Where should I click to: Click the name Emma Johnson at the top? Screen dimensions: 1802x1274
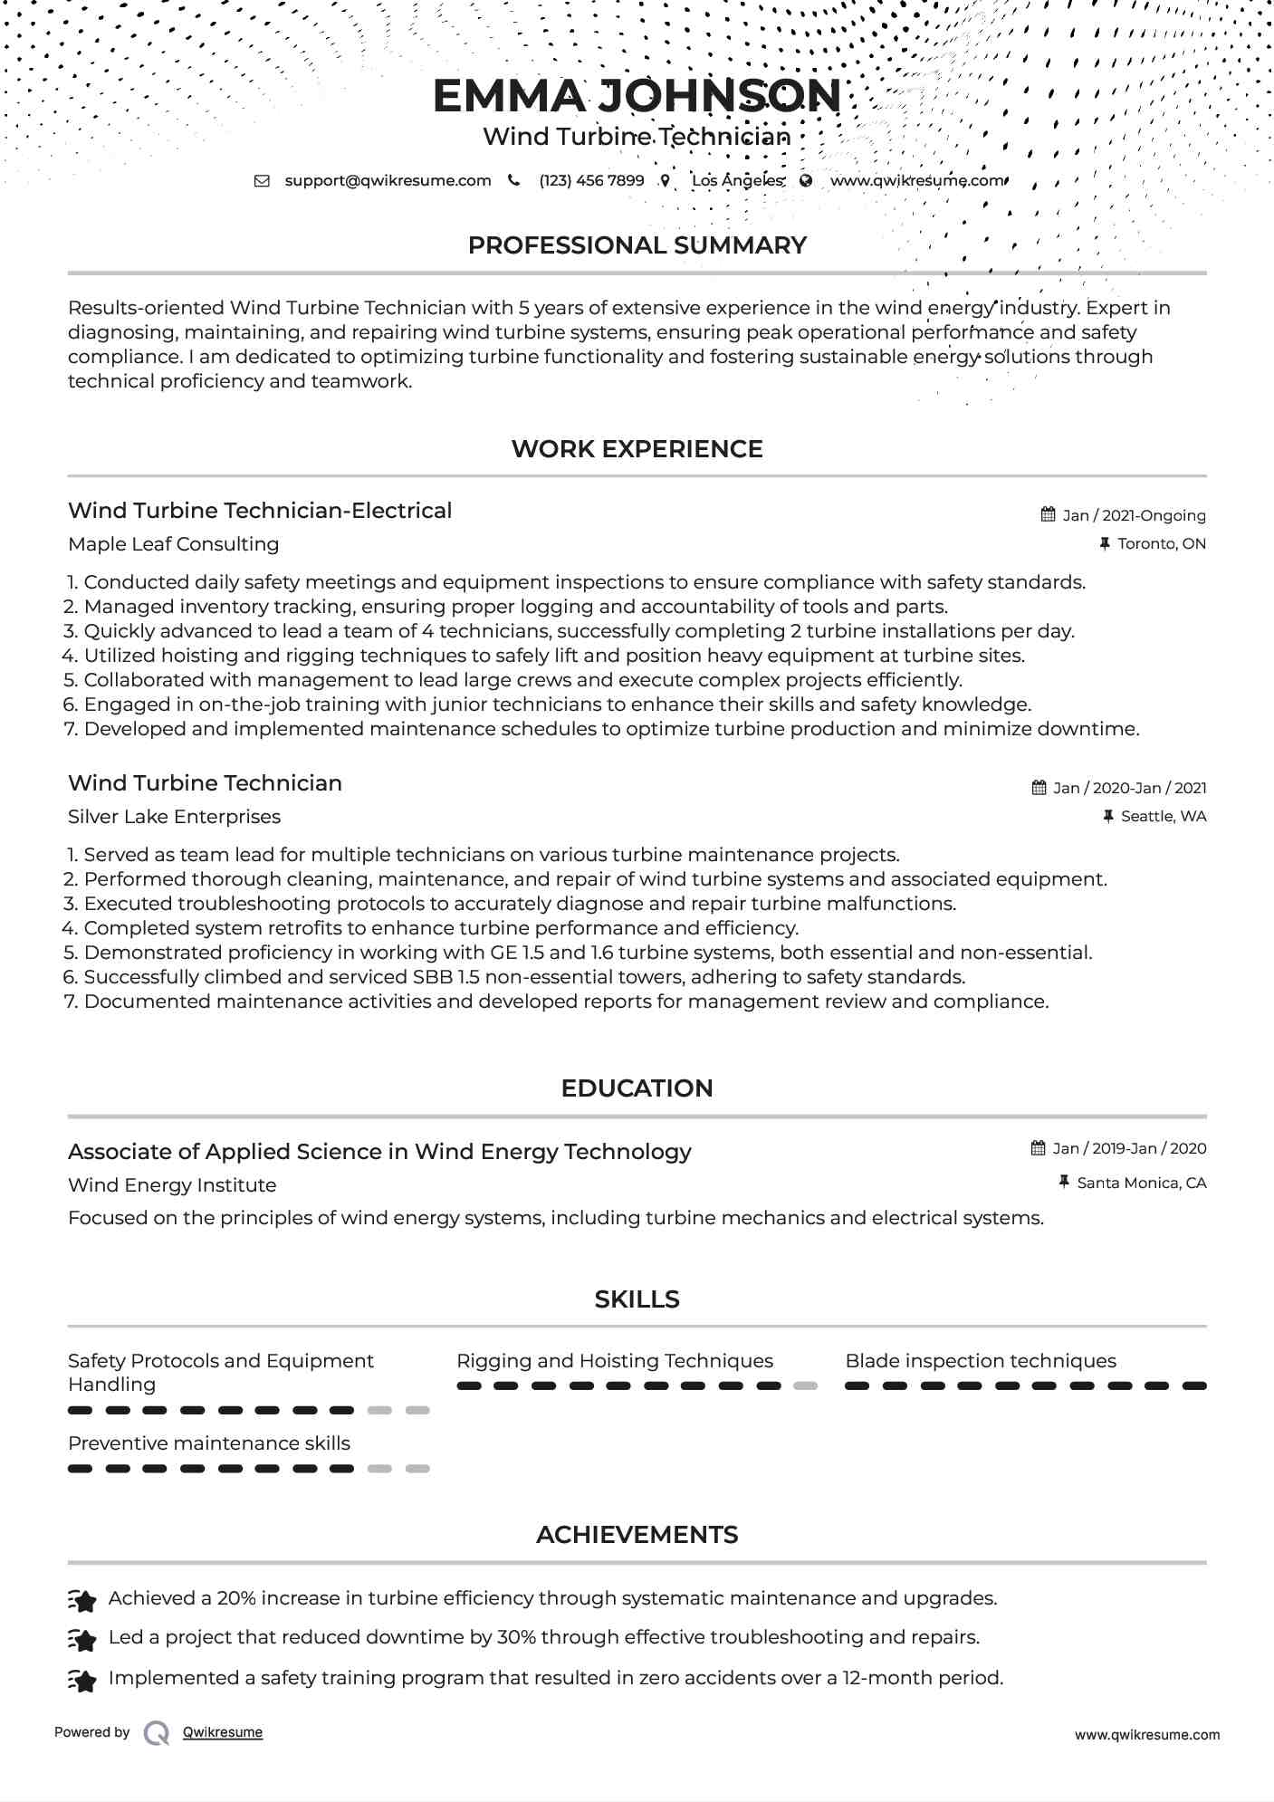pyautogui.click(x=637, y=96)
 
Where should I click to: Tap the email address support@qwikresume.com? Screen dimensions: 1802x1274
pyautogui.click(x=388, y=180)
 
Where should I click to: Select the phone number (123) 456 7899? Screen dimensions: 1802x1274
pyautogui.click(x=591, y=180)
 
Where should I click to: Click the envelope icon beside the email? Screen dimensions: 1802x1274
pyautogui.click(x=262, y=180)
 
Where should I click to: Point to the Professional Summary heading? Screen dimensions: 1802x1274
pyautogui.click(x=637, y=245)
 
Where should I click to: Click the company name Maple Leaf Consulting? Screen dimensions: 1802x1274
pyautogui.click(x=173, y=544)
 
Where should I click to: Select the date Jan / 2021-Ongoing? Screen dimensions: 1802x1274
pyautogui.click(x=1134, y=515)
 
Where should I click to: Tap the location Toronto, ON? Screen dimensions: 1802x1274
pyautogui.click(x=1161, y=544)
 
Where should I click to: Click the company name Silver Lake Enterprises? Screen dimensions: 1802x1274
pyautogui.click(x=174, y=817)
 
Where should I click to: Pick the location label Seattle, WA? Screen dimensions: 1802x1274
pyautogui.click(x=1163, y=817)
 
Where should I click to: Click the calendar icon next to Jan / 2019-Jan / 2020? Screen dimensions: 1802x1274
pyautogui.click(x=1039, y=1148)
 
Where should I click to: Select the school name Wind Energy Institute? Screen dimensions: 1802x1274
pyautogui.click(x=172, y=1185)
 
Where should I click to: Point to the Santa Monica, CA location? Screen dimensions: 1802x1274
pyautogui.click(x=1141, y=1183)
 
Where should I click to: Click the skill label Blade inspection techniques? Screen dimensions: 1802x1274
pyautogui.click(x=980, y=1361)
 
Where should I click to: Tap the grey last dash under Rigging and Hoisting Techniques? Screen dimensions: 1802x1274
pyautogui.click(x=805, y=1385)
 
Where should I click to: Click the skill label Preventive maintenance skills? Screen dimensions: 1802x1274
pyautogui.click(x=209, y=1443)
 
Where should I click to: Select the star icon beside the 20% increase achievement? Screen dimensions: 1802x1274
pyautogui.click(x=82, y=1601)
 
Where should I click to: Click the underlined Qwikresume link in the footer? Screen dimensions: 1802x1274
pyautogui.click(x=223, y=1732)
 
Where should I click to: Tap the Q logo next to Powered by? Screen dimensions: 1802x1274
pyautogui.click(x=157, y=1733)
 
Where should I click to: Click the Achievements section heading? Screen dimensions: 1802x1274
pyautogui.click(x=637, y=1535)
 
